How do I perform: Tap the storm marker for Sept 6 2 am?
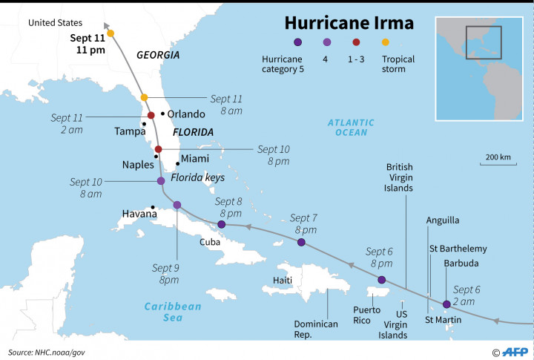(446, 304)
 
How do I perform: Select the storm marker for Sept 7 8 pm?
(300, 243)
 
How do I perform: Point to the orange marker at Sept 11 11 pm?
(111, 33)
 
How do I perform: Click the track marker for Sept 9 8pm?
(177, 205)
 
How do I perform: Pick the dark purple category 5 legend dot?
(297, 42)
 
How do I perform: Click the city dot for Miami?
(177, 163)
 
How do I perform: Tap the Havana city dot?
(153, 208)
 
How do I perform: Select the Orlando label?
(185, 114)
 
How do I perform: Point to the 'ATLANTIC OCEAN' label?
(351, 127)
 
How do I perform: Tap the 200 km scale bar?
(498, 164)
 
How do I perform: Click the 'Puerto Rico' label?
(366, 314)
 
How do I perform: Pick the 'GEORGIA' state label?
(158, 55)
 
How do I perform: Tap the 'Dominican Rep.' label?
(316, 329)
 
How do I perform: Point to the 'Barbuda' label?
(461, 263)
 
